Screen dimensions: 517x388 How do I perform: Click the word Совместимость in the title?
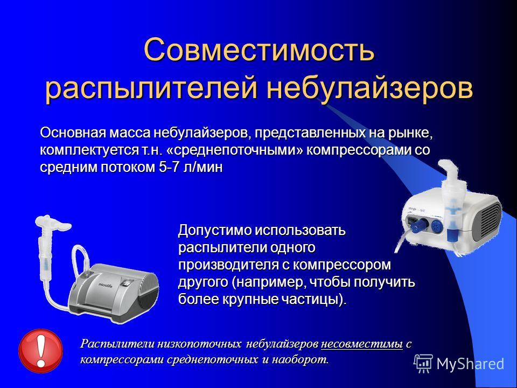click(x=259, y=50)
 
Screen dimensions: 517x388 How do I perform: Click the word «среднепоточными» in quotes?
click(x=235, y=150)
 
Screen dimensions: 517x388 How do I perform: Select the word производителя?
click(x=229, y=265)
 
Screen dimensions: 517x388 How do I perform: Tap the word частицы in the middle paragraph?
click(x=313, y=299)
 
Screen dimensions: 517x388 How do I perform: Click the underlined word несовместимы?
click(x=362, y=344)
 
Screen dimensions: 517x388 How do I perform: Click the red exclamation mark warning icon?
click(x=40, y=351)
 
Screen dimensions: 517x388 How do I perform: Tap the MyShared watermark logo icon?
click(x=423, y=364)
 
